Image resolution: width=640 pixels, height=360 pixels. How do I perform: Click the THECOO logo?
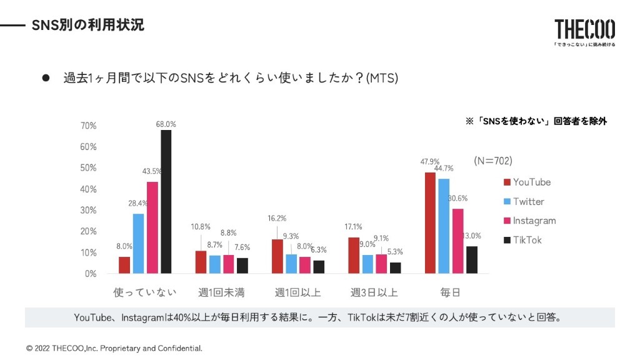[584, 29]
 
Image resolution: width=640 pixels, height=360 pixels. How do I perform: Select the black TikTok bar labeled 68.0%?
[166, 201]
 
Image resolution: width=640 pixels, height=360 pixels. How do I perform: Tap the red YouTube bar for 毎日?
[430, 222]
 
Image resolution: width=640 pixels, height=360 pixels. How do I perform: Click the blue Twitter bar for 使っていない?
[138, 243]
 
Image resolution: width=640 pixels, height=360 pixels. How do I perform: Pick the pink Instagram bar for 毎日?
[458, 241]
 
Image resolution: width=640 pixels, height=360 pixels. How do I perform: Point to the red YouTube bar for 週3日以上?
[354, 255]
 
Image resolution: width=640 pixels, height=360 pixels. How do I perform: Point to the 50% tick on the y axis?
[89, 168]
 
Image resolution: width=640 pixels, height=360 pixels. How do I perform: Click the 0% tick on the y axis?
[91, 274]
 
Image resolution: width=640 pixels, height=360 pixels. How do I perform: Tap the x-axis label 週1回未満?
[221, 292]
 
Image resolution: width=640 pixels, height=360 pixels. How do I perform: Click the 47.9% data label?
[429, 162]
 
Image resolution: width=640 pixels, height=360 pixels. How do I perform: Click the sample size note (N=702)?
[493, 161]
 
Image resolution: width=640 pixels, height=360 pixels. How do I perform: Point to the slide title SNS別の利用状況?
[88, 25]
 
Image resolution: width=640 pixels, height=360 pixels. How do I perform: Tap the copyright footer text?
[114, 348]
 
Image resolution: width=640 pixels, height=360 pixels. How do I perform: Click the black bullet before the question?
[46, 78]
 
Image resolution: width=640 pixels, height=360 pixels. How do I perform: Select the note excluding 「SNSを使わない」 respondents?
[536, 121]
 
